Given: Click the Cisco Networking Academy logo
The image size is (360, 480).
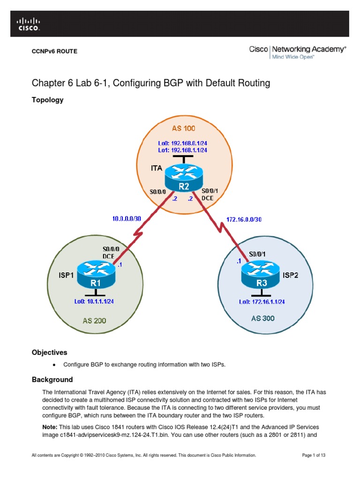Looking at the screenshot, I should click(297, 52).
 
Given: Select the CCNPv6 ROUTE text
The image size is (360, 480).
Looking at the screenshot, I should click(54, 51).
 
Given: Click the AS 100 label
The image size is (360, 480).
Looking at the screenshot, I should click(184, 128).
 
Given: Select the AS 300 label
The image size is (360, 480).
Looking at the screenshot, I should click(262, 318).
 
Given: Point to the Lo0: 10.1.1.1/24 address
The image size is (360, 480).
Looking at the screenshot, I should click(94, 301).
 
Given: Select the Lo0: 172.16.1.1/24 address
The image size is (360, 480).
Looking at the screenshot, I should click(262, 301).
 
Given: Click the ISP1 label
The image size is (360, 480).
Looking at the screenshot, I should click(66, 276).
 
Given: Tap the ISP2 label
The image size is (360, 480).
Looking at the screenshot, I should click(291, 275).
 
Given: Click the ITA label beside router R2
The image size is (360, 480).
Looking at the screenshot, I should click(157, 167).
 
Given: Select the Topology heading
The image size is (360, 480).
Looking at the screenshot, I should click(47, 100).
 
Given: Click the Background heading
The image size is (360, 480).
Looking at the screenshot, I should click(52, 379).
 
